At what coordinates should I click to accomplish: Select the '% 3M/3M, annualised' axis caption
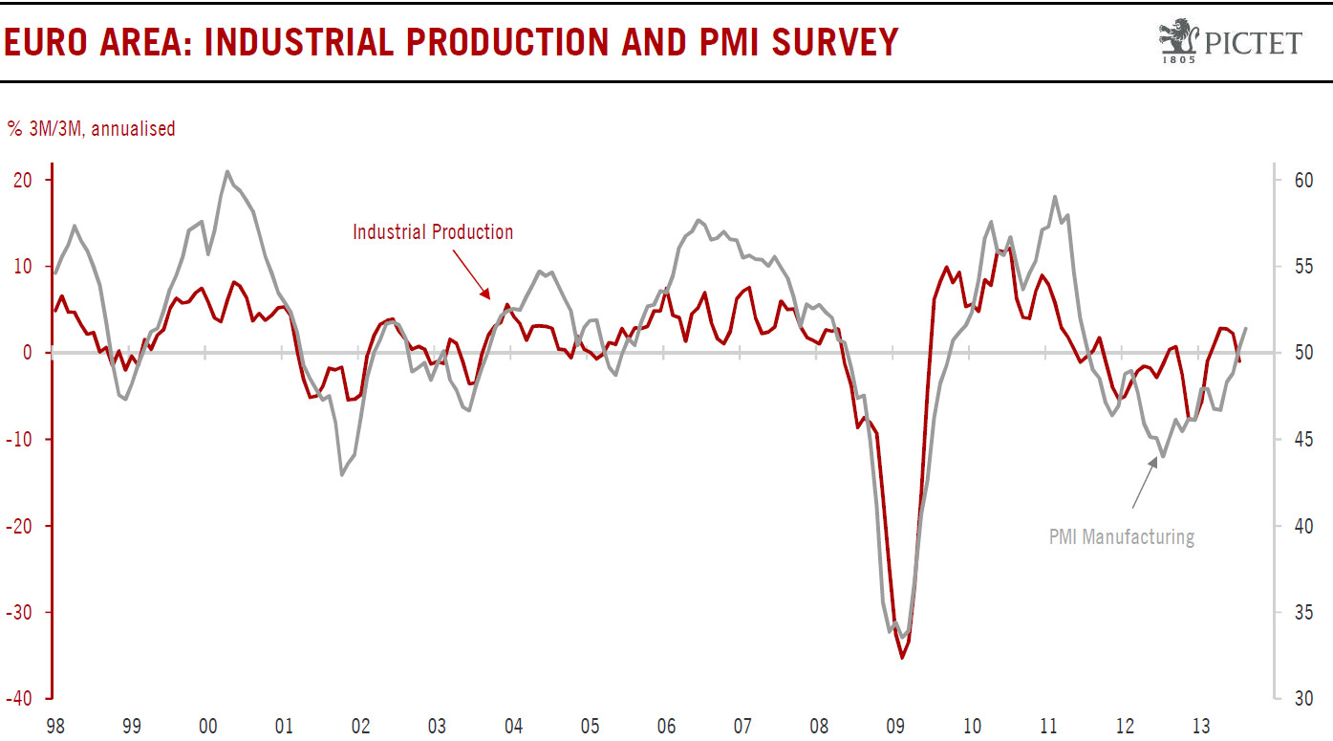91,128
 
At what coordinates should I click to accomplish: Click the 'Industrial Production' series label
433,232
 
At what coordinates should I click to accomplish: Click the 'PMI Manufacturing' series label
1121,536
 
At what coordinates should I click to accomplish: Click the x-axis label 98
55,727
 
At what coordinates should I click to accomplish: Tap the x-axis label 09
896,727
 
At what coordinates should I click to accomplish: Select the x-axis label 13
1202,727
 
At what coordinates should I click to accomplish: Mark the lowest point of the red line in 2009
901,658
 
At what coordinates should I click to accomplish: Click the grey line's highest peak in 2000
226,172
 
